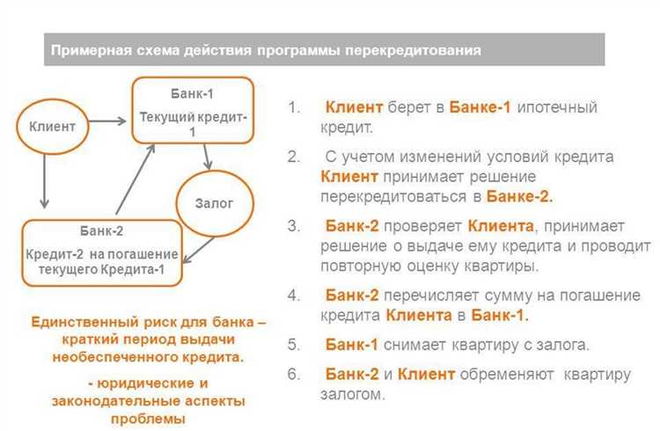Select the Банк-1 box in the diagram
tap(192, 108)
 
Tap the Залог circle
tap(213, 203)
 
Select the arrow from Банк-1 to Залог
tap(208, 157)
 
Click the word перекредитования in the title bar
tap(415, 51)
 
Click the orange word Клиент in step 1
tap(354, 107)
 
